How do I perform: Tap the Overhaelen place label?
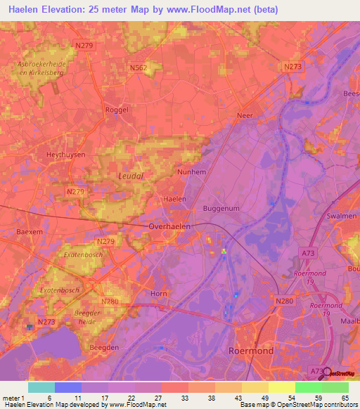(x=171, y=226)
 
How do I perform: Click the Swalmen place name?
(x=342, y=216)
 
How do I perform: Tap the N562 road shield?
(x=138, y=68)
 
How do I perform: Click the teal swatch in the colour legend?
(x=41, y=387)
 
